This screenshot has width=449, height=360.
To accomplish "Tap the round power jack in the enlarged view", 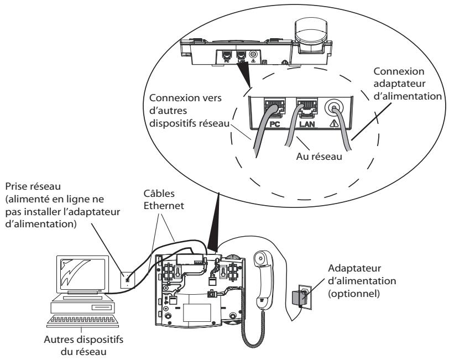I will tap(333, 108).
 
